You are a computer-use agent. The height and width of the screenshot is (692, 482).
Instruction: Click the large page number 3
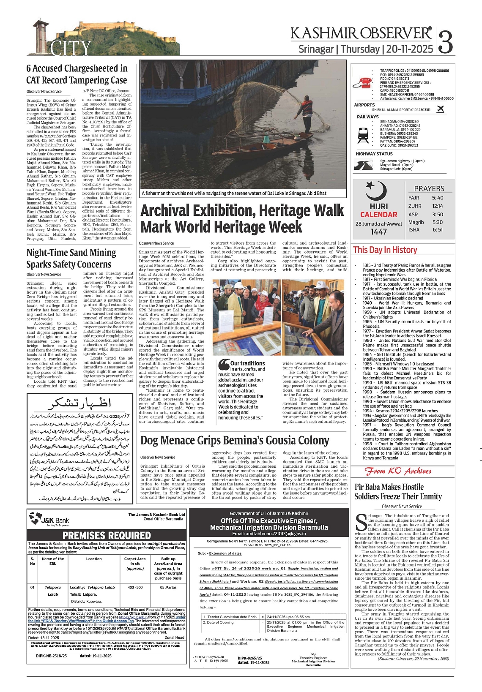pos(446,41)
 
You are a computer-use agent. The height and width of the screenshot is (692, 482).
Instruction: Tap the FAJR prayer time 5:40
pos(438,198)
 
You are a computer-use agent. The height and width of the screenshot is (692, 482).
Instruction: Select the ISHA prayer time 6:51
pos(438,230)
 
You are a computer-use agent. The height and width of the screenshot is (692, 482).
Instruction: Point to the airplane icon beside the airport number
pos(441,109)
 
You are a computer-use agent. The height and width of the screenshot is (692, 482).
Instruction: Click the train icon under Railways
pos(363,134)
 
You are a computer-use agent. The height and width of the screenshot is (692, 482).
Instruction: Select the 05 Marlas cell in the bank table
pos(168,587)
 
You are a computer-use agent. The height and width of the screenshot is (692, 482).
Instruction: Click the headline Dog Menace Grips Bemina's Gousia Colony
pos(235,441)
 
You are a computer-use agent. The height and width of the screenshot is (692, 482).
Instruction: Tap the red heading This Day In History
pos(385,250)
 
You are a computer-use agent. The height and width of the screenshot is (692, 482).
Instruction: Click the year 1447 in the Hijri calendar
pos(378,232)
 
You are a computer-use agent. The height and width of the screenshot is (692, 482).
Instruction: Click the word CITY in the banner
pos(71,48)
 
